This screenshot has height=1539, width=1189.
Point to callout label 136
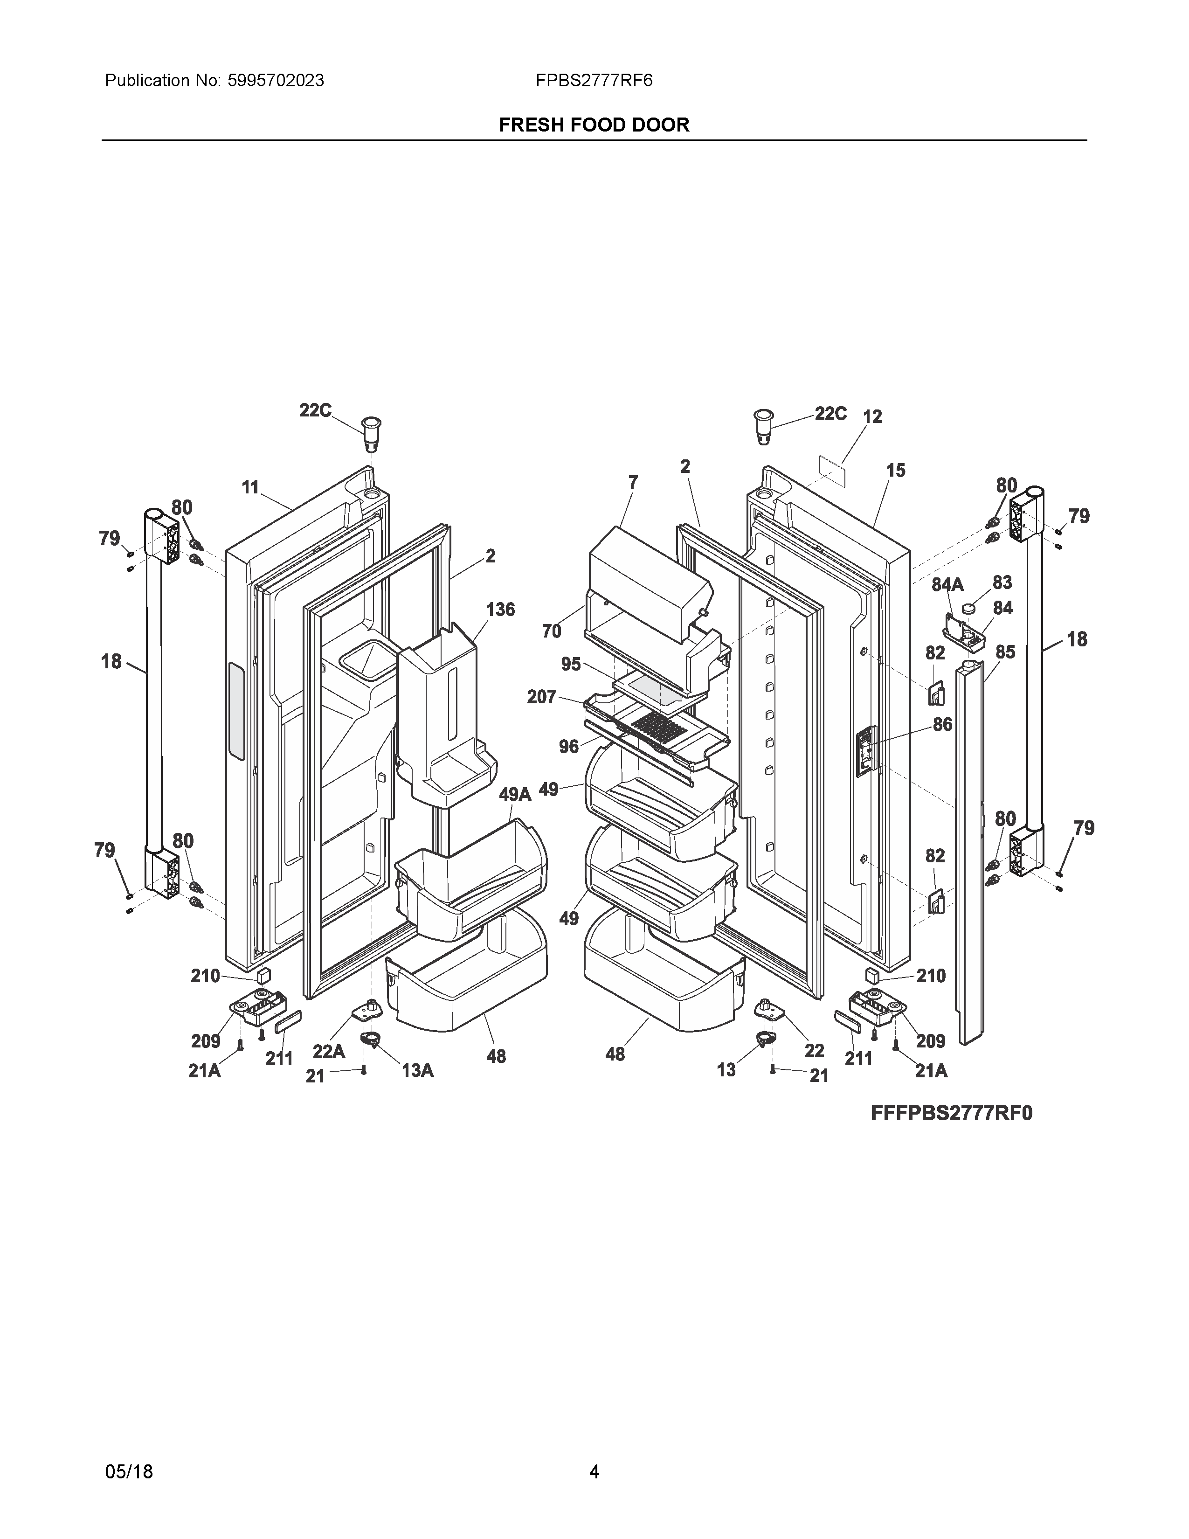(500, 610)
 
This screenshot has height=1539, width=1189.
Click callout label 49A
(515, 795)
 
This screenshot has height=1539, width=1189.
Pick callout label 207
(542, 697)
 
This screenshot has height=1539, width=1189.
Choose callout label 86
(942, 724)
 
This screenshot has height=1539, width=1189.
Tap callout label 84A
(947, 584)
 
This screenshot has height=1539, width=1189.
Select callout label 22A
(329, 1051)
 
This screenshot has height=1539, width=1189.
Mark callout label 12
(872, 416)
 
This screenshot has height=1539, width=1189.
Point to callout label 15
(895, 470)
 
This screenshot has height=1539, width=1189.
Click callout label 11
(250, 487)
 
